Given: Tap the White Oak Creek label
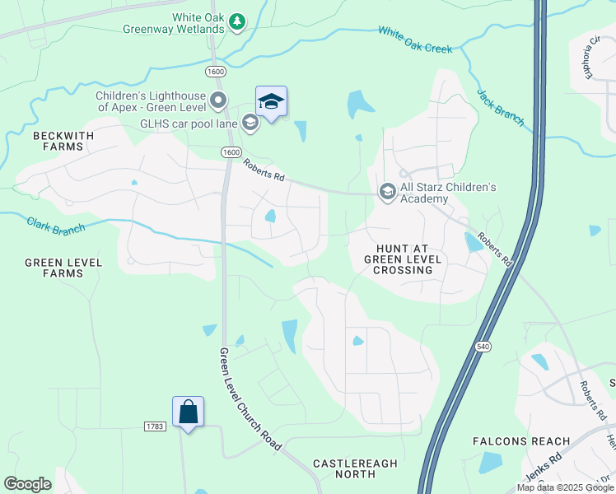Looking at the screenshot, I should click(x=415, y=40).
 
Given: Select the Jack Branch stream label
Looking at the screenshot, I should click(x=501, y=108).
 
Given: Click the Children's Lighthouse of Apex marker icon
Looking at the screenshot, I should click(x=218, y=101).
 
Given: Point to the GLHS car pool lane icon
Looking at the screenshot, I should click(x=250, y=123).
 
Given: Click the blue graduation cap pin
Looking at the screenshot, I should click(x=271, y=102).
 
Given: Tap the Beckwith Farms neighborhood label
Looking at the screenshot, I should click(x=58, y=140).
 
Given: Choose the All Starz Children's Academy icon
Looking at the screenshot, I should click(x=386, y=191).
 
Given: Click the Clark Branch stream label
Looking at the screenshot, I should click(x=56, y=226).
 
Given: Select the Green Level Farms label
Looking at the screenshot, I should click(x=63, y=268).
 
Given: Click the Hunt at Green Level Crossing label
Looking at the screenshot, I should click(x=404, y=259).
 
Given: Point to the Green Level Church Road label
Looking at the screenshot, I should click(x=250, y=398).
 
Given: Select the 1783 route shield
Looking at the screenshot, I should click(x=154, y=426).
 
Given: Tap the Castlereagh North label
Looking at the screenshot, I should click(x=355, y=470).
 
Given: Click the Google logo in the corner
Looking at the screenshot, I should click(x=27, y=483).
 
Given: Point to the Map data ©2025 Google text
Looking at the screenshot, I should click(x=564, y=487).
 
